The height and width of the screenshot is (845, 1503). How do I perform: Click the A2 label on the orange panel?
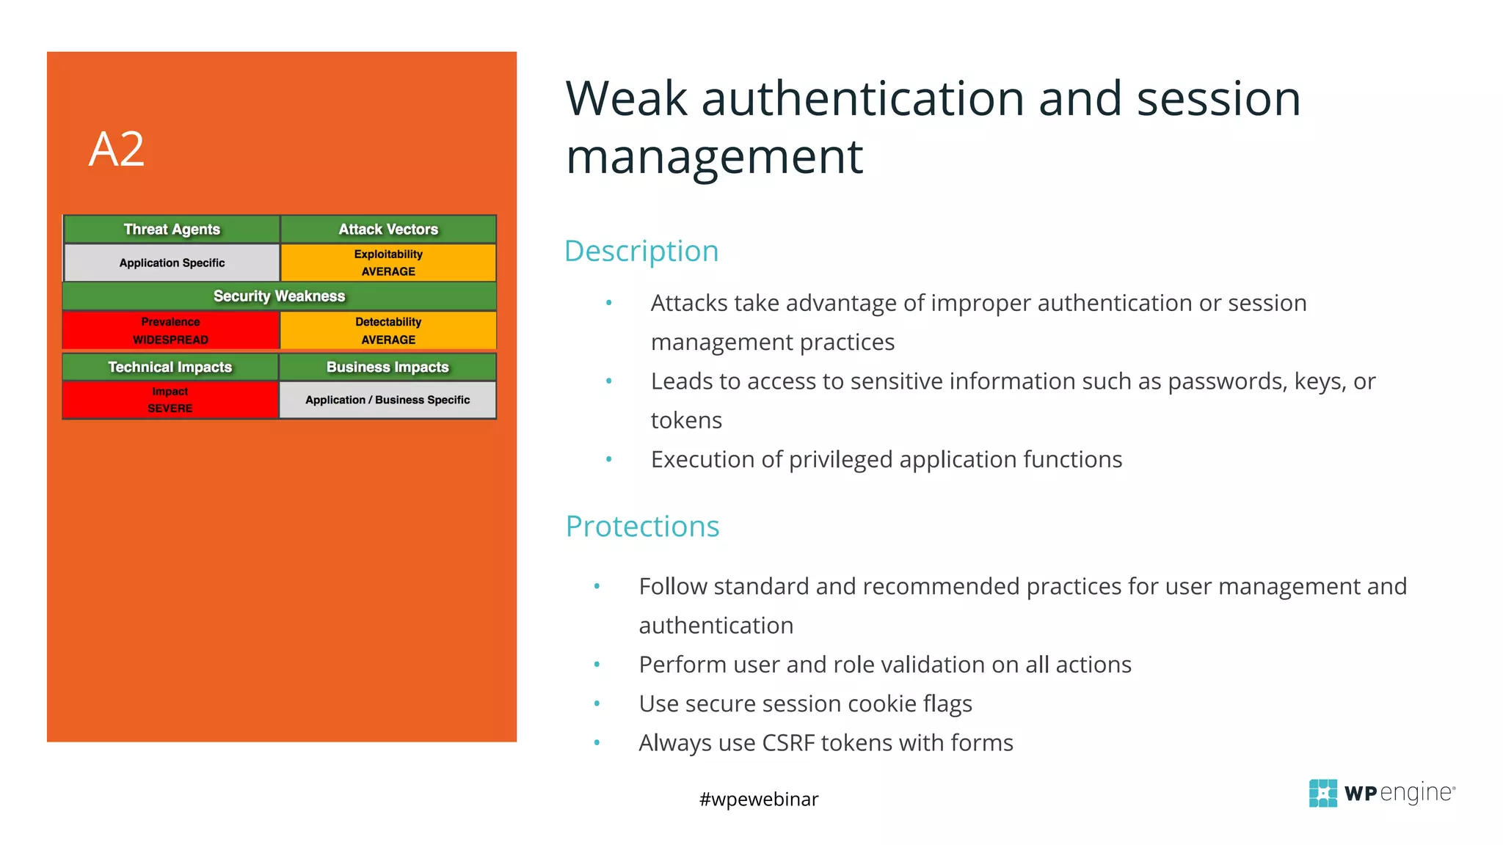(117, 150)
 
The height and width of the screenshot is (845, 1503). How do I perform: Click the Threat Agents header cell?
(172, 230)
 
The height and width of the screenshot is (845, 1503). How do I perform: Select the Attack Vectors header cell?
(388, 230)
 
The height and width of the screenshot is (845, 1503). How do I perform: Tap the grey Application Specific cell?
(172, 263)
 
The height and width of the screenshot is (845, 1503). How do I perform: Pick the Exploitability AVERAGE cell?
(388, 263)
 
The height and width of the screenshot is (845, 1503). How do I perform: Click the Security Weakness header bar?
(279, 296)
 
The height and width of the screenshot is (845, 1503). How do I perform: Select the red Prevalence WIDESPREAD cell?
(170, 331)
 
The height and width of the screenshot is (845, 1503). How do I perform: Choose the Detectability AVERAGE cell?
(388, 331)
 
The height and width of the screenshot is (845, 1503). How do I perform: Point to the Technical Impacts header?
(170, 367)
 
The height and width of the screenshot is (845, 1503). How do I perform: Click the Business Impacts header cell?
(387, 367)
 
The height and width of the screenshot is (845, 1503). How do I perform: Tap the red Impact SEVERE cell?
(170, 400)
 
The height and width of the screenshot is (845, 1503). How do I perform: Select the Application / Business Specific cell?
(387, 400)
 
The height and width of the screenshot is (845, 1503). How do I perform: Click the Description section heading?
(641, 252)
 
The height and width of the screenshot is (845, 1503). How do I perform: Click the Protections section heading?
(642, 527)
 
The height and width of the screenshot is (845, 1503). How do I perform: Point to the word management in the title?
(714, 157)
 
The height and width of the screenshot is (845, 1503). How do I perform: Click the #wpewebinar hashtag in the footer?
(759, 799)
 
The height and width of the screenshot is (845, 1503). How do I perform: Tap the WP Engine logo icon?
(1322, 793)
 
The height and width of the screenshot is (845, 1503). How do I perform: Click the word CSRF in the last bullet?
(789, 743)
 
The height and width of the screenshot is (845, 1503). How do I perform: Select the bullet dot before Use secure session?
(597, 703)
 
